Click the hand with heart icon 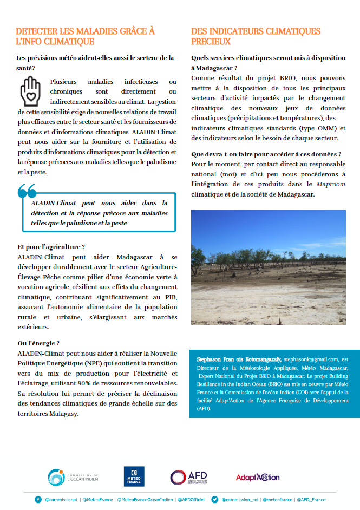click(30, 90)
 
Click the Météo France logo click(134, 476)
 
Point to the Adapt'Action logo click(257, 477)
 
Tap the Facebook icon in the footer click(38, 500)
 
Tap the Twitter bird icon click(215, 500)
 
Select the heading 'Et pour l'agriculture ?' click(51, 247)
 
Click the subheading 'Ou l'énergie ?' click(38, 343)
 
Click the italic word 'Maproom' click(331, 184)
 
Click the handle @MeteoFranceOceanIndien click(146, 500)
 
